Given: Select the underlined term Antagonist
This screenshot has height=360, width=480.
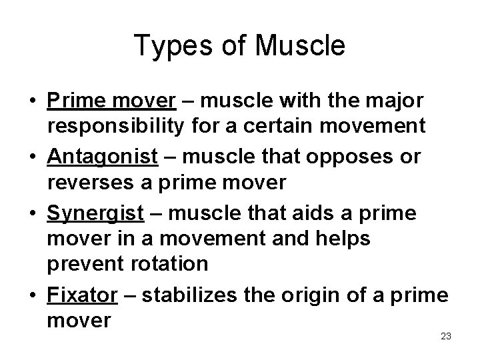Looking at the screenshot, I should click(x=102, y=157).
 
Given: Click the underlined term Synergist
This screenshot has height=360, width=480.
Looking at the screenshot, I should click(x=95, y=213).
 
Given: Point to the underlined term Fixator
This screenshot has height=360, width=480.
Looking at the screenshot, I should click(x=82, y=295).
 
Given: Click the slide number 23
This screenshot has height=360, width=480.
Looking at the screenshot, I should click(x=446, y=336).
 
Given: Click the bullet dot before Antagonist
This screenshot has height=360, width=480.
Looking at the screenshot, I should click(x=31, y=157).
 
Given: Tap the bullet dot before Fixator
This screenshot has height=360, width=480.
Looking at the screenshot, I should click(x=31, y=296).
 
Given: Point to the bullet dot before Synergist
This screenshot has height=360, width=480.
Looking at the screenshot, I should click(x=31, y=214).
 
